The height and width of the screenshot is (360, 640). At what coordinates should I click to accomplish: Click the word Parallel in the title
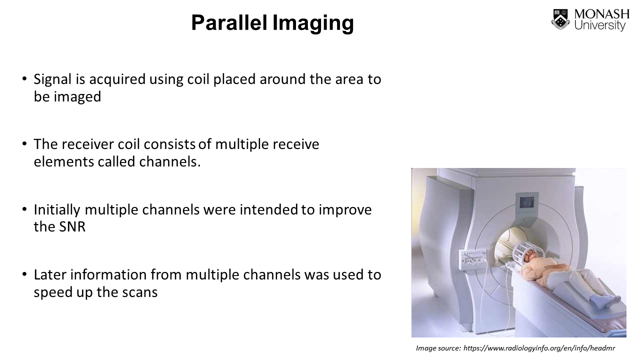tap(229, 22)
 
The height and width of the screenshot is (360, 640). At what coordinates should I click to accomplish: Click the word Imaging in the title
tap(313, 24)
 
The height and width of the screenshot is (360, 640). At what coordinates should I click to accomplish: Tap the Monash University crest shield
tap(560, 19)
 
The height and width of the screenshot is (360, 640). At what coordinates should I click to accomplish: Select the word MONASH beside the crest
tap(601, 14)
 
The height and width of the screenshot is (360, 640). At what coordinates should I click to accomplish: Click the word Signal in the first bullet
tap(52, 79)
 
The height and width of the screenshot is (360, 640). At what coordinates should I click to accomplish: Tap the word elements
tap(63, 161)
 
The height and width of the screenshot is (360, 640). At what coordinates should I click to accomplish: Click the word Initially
tap(57, 210)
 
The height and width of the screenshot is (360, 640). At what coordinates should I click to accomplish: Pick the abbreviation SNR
tap(72, 227)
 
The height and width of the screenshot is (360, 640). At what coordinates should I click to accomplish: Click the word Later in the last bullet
tap(50, 275)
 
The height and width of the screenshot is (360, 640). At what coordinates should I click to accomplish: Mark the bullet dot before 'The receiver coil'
tap(24, 143)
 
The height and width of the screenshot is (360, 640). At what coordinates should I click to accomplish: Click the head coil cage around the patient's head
tap(528, 251)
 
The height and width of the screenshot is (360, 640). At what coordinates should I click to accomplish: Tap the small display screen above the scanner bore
tap(526, 202)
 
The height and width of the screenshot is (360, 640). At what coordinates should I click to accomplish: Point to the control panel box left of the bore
tap(472, 259)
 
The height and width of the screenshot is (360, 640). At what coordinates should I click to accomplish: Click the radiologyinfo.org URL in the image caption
tap(539, 348)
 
